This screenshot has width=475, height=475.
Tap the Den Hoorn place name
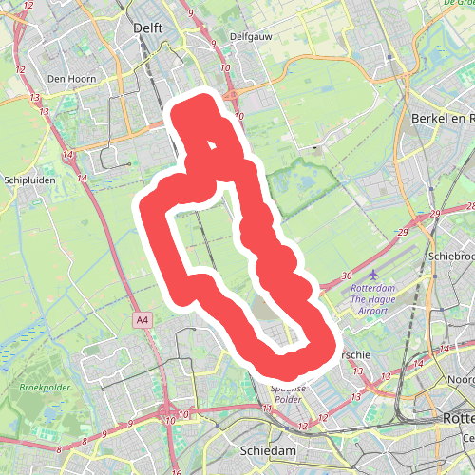[67, 79]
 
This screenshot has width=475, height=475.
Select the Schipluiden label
[29, 179]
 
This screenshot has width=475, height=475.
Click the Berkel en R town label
[443, 118]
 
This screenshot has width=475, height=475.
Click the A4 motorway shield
[142, 320]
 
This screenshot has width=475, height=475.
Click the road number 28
[469, 207]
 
